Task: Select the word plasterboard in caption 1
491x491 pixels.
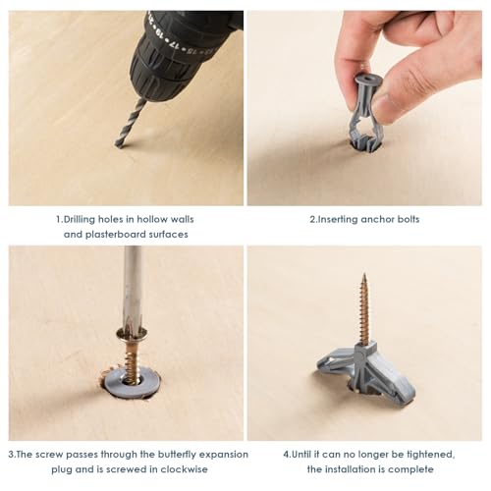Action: click(x=127, y=235)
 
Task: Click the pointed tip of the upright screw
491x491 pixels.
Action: click(x=365, y=278)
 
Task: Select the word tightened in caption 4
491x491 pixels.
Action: click(x=424, y=455)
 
